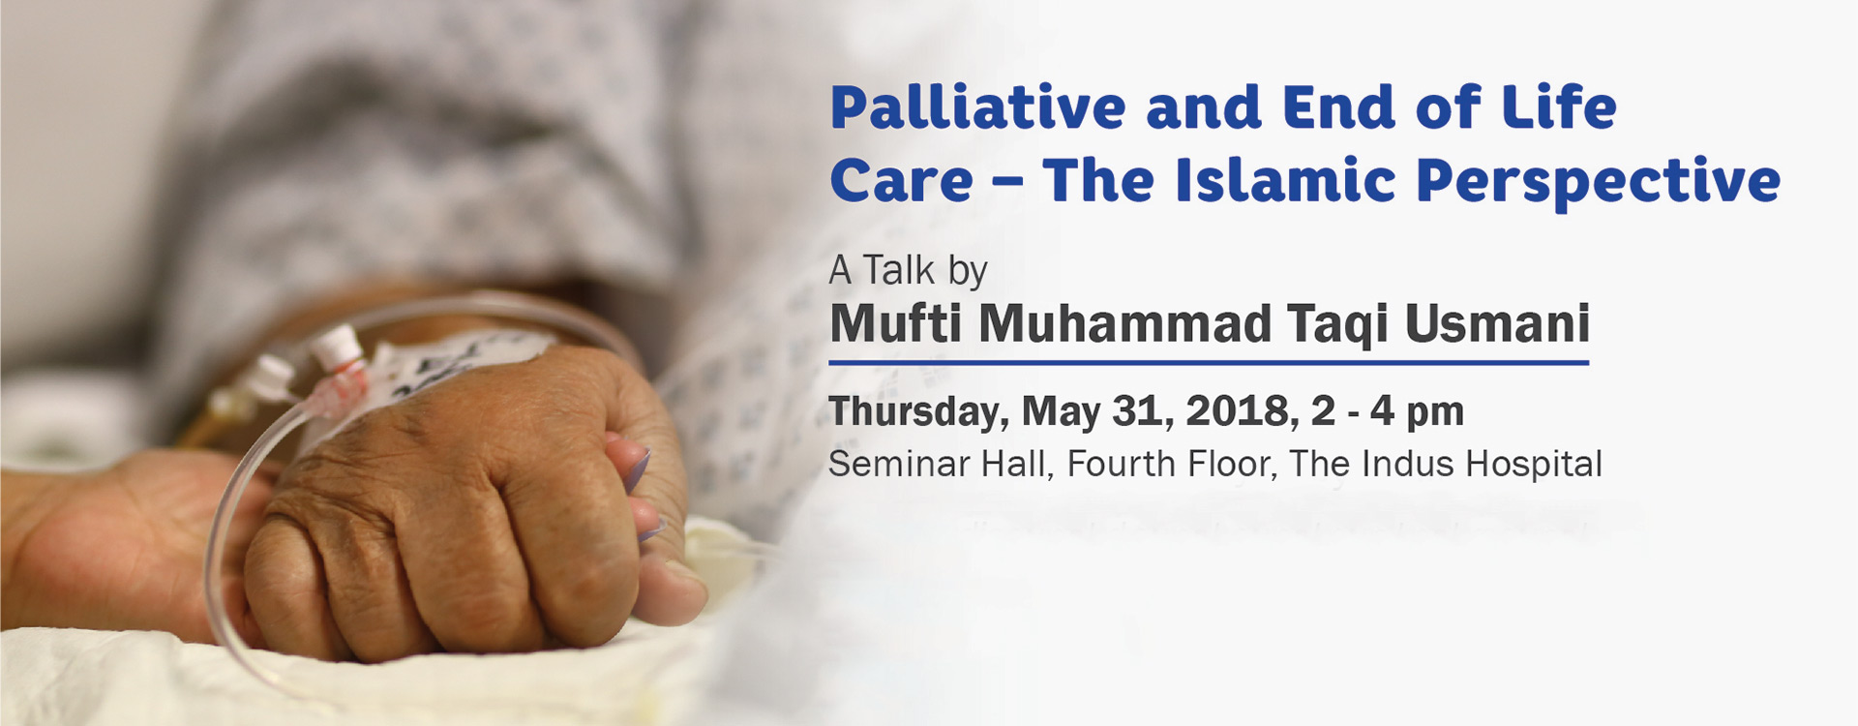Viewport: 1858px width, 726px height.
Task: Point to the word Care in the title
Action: pos(901,181)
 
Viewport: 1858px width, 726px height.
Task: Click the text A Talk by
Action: pos(908,271)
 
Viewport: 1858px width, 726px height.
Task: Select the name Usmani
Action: pos(1497,323)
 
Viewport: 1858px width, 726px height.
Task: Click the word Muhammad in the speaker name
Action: pos(1124,323)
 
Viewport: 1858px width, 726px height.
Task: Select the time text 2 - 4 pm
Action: pos(1388,411)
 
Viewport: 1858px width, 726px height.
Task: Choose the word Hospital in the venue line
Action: pos(1534,466)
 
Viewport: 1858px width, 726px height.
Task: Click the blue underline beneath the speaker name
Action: pos(1209,363)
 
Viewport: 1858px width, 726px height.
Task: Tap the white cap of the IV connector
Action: pos(339,345)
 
